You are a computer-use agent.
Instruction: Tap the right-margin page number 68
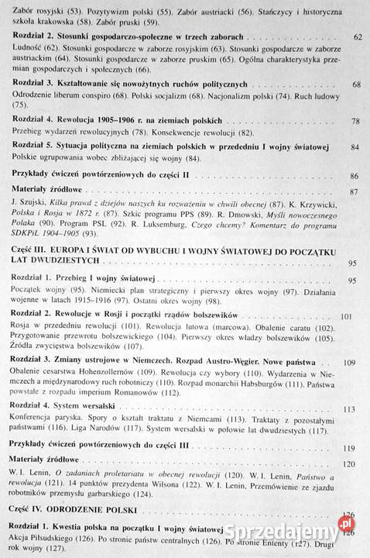coord(357,84)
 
